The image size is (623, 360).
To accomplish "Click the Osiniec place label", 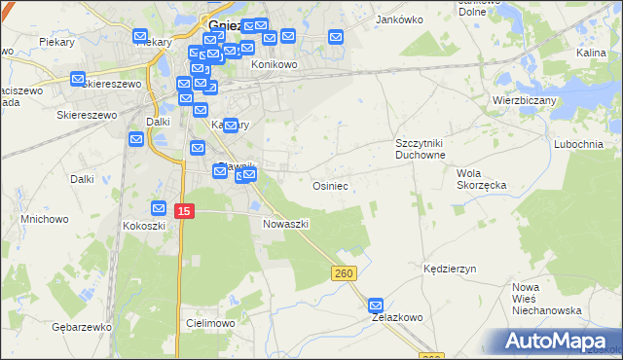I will click(330, 185).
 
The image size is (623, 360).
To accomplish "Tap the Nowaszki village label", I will click(286, 224).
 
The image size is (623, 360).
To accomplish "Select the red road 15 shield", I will click(185, 210).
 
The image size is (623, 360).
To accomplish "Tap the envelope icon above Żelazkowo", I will click(377, 305).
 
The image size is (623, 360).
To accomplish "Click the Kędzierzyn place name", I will click(448, 268).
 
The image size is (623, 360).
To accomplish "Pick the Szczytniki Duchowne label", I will click(421, 149).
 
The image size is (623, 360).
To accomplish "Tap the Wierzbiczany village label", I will click(524, 99).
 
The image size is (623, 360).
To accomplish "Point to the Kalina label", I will click(591, 54).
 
